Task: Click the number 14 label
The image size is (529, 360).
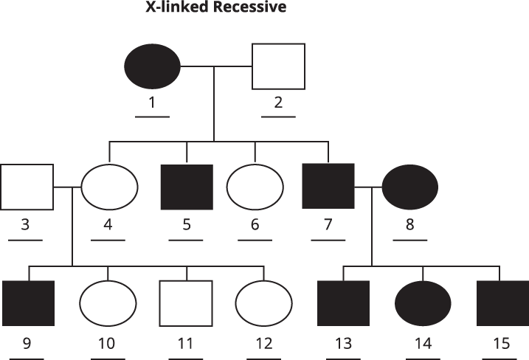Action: [423, 345]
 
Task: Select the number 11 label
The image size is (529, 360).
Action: [186, 345]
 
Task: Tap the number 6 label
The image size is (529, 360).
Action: [255, 225]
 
